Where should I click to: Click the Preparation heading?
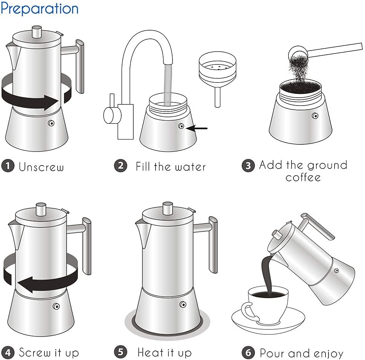click(40, 8)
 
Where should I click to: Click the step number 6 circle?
click(248, 353)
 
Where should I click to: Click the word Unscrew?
click(41, 167)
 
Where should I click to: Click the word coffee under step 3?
click(303, 177)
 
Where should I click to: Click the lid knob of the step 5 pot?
click(168, 208)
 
